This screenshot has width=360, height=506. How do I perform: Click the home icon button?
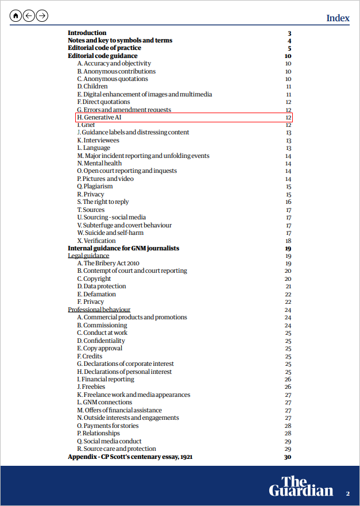click(16, 16)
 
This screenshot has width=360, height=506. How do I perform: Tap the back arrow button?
click(29, 16)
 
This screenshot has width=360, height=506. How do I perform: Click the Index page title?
click(338, 18)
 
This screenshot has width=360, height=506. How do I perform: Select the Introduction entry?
click(87, 33)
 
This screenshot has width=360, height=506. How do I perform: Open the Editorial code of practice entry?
click(104, 48)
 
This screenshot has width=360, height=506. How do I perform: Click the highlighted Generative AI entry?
click(99, 117)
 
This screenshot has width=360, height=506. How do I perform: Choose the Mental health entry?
click(99, 163)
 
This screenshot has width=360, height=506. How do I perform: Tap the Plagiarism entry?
click(95, 186)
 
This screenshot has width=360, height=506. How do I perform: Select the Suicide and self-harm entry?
click(110, 233)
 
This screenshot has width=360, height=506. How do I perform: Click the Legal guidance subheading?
click(88, 256)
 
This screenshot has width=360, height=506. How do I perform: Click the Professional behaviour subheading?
click(99, 310)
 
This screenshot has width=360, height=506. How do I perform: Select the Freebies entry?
click(91, 387)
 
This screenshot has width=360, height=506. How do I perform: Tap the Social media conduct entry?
click(109, 441)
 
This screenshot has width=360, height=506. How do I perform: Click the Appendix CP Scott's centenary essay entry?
click(130, 457)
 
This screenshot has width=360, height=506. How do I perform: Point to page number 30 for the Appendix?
click(288, 457)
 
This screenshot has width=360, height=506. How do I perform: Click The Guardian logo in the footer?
click(301, 485)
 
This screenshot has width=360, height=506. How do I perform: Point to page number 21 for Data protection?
click(288, 286)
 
